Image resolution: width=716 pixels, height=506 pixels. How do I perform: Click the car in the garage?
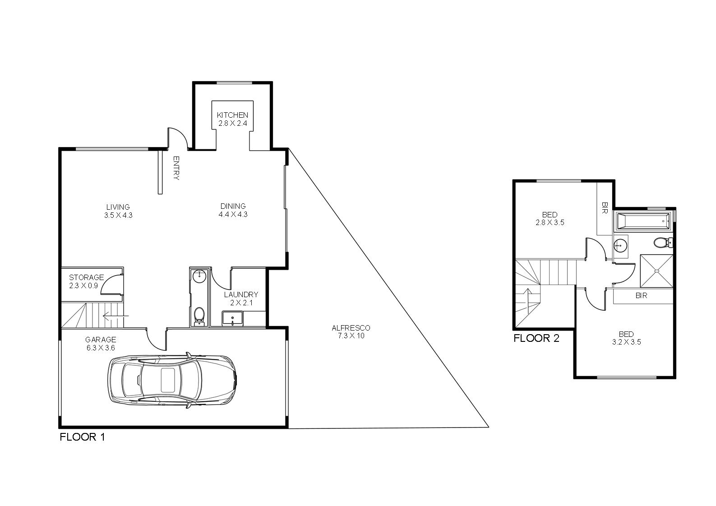(x=172, y=381)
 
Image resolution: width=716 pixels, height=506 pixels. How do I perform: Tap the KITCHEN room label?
(x=232, y=115)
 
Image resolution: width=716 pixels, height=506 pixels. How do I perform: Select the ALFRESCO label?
(x=351, y=328)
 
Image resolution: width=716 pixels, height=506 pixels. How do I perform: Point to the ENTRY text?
(x=176, y=168)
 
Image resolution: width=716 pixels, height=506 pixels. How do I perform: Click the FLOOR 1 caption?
(x=82, y=437)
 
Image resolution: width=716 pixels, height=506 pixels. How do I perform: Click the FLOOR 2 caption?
(x=536, y=338)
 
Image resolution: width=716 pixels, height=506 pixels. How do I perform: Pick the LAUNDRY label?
(x=241, y=294)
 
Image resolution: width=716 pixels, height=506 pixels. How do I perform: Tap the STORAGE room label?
(x=86, y=277)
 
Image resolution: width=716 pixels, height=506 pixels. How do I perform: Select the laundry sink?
(x=232, y=318)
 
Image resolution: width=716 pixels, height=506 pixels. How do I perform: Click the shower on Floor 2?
(x=656, y=271)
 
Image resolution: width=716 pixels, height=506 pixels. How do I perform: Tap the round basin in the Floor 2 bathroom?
(x=620, y=245)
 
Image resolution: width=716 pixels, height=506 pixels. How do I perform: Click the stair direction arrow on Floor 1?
(x=115, y=316)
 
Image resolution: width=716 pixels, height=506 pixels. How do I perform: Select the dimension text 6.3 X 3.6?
(x=101, y=348)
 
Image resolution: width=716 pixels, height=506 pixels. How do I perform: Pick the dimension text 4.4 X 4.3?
(x=233, y=214)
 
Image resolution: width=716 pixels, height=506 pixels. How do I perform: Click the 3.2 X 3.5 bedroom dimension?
(x=627, y=342)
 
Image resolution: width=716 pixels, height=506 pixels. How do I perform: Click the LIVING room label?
(x=118, y=207)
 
